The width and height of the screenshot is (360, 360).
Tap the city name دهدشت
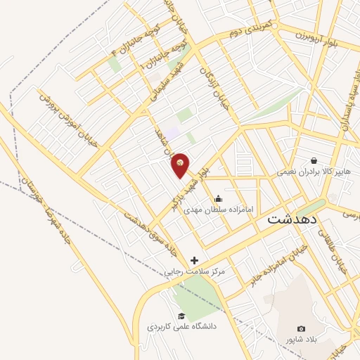click(x=292, y=219)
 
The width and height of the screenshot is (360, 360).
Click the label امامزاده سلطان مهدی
click(x=219, y=209)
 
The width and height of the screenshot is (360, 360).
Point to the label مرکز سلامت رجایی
click(x=194, y=271)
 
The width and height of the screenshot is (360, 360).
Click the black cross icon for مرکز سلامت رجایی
click(x=194, y=260)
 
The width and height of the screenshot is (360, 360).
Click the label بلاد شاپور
click(x=302, y=340)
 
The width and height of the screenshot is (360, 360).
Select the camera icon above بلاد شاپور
click(x=302, y=328)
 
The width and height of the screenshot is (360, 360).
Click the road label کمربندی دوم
click(x=245, y=30)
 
